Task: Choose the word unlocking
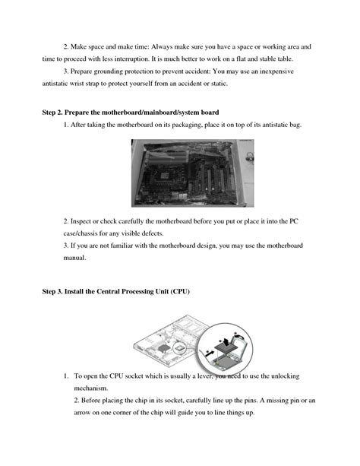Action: click(297, 376)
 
